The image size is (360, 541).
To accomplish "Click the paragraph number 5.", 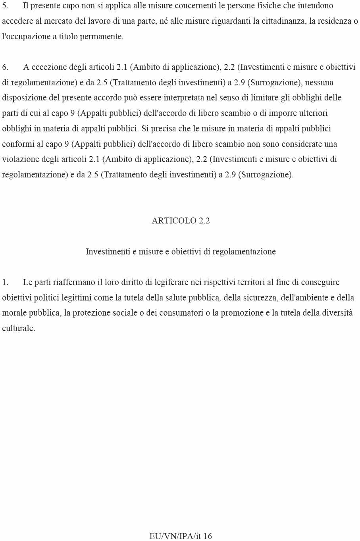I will coord(5,6).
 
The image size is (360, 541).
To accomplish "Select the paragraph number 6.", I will coord(5,67).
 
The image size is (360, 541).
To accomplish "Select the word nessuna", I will coord(319,83).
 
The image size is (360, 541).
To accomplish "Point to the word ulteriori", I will coord(311,113).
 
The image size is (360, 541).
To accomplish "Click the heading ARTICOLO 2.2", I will coord(181,221).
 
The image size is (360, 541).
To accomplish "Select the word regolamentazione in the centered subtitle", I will coord(244,252).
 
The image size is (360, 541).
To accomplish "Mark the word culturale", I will coord(18,328).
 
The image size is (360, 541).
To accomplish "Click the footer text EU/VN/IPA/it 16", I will coord(181,536).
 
